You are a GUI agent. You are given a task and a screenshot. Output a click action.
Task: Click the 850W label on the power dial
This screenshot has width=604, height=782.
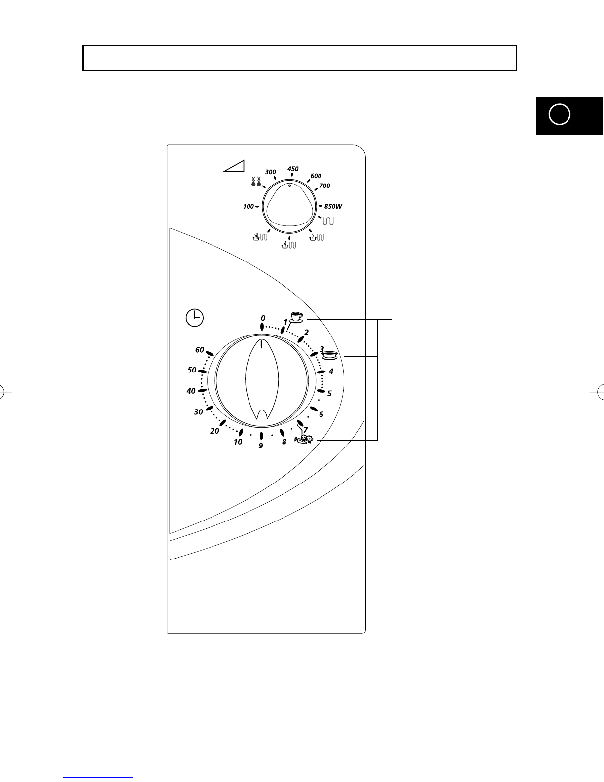click(333, 206)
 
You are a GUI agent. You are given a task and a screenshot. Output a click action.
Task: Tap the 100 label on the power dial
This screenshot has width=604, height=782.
click(248, 206)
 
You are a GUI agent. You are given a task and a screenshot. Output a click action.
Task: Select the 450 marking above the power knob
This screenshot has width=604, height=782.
click(293, 169)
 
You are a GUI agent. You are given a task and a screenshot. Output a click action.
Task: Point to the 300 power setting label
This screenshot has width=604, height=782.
click(270, 172)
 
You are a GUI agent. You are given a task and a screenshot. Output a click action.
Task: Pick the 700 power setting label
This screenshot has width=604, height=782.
click(324, 186)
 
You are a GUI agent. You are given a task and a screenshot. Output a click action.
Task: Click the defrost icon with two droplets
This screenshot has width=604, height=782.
click(256, 182)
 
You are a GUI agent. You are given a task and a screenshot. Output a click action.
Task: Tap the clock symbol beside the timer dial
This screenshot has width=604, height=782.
click(194, 318)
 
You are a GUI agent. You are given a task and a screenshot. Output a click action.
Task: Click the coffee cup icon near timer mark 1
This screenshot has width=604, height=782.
click(296, 317)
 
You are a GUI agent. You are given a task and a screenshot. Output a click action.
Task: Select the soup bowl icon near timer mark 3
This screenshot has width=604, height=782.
click(329, 356)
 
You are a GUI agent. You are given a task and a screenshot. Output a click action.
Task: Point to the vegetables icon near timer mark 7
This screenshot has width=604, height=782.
click(304, 440)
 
